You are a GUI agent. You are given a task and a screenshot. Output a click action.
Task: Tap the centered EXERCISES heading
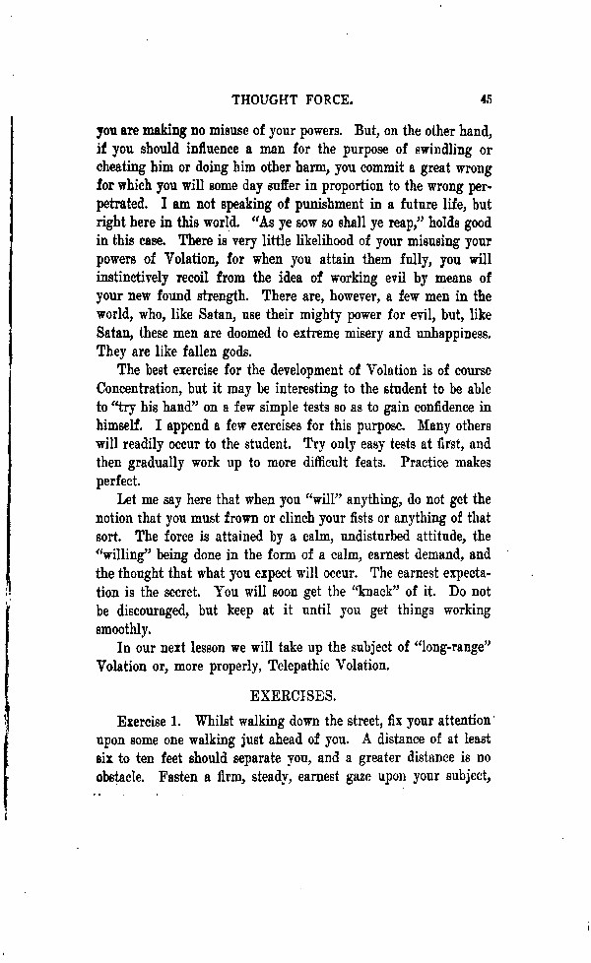[x=295, y=695]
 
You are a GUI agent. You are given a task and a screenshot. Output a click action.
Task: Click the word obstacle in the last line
[x=124, y=776]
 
